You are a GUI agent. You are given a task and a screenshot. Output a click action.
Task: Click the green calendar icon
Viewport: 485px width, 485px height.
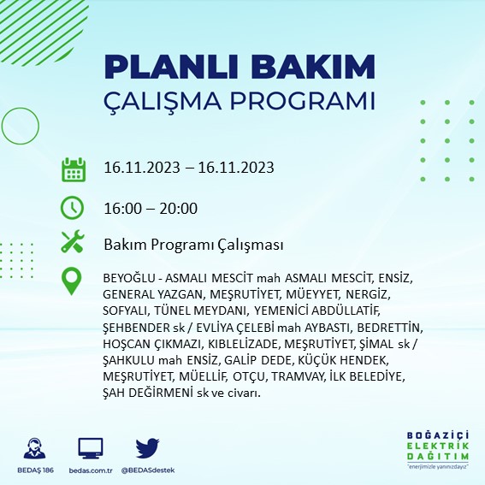(x=73, y=169)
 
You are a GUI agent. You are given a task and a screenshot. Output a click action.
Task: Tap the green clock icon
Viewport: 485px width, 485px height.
(x=73, y=207)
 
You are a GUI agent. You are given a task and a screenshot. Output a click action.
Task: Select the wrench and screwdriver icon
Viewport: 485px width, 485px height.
(x=73, y=243)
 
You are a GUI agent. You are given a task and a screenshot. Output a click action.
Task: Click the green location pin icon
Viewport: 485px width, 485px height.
(x=73, y=281)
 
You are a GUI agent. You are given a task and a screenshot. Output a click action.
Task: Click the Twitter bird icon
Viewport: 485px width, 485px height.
(x=148, y=447)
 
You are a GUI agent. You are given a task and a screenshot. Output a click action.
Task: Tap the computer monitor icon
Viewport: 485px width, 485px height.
(x=91, y=447)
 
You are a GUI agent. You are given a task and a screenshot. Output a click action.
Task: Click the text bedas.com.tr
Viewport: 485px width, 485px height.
(x=91, y=470)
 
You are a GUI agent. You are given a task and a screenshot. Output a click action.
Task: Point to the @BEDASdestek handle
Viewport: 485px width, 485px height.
(x=148, y=470)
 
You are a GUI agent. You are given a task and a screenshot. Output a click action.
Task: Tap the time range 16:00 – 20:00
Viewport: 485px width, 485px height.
(x=151, y=208)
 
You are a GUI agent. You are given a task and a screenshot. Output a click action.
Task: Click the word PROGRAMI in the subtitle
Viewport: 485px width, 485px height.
(x=301, y=101)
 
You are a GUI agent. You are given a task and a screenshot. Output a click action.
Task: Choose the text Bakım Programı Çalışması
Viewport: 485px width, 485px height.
(x=193, y=245)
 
